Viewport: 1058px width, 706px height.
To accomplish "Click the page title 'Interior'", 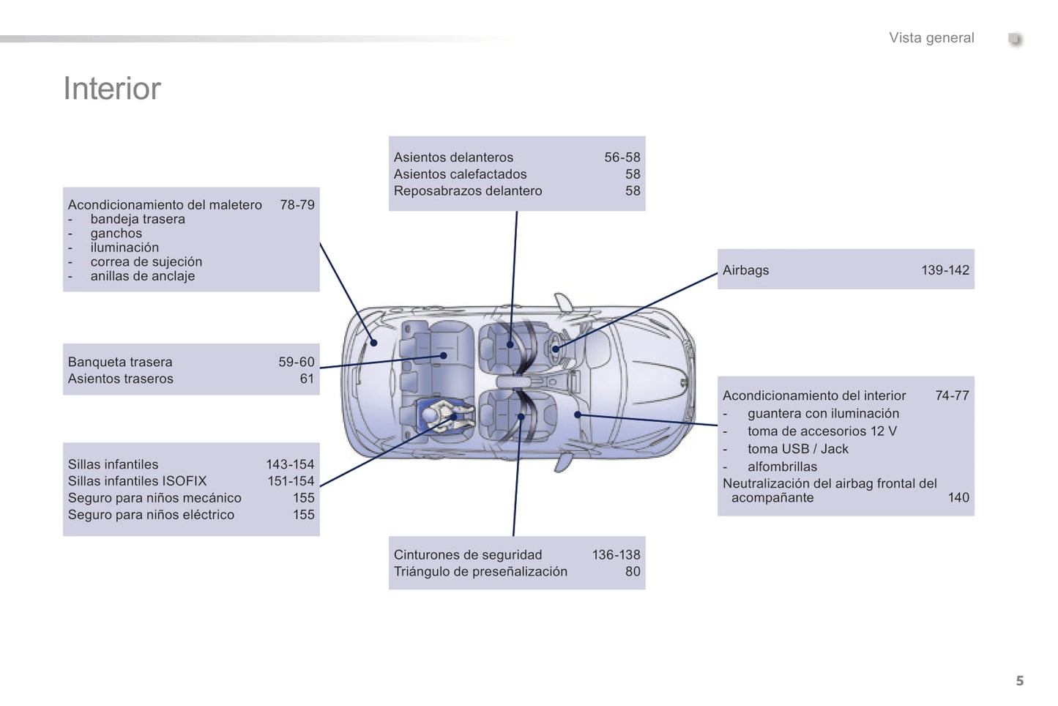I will pyautogui.click(x=112, y=89).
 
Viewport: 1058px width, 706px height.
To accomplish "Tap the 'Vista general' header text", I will pyautogui.click(x=931, y=38).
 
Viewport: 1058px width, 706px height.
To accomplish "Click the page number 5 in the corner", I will pyautogui.click(x=1019, y=680).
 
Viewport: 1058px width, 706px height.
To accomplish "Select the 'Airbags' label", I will pyautogui.click(x=745, y=270).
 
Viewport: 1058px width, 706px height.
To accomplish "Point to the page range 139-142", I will pyautogui.click(x=945, y=270).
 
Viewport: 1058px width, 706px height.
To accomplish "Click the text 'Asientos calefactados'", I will pyautogui.click(x=460, y=174).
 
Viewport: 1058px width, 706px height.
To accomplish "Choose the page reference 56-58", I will pyautogui.click(x=622, y=157).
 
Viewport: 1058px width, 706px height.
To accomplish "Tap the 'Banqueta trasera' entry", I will pyautogui.click(x=120, y=362).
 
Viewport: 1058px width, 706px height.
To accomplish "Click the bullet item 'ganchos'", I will pyautogui.click(x=116, y=234).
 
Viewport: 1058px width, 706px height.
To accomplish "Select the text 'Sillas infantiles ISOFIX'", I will pyautogui.click(x=137, y=481).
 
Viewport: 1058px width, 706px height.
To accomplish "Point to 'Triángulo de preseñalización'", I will pyautogui.click(x=480, y=572).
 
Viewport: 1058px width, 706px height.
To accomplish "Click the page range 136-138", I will pyautogui.click(x=616, y=555).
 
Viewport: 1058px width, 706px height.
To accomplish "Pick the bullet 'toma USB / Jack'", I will pyautogui.click(x=797, y=449).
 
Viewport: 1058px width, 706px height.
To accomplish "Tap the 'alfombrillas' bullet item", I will pyautogui.click(x=782, y=467).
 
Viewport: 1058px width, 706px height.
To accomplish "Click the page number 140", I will pyautogui.click(x=958, y=498).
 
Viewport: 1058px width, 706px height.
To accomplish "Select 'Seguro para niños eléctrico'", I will pyautogui.click(x=151, y=515).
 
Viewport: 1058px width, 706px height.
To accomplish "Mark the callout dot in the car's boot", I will pyautogui.click(x=373, y=343).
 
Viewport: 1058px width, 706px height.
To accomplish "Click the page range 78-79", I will pyautogui.click(x=297, y=205).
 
